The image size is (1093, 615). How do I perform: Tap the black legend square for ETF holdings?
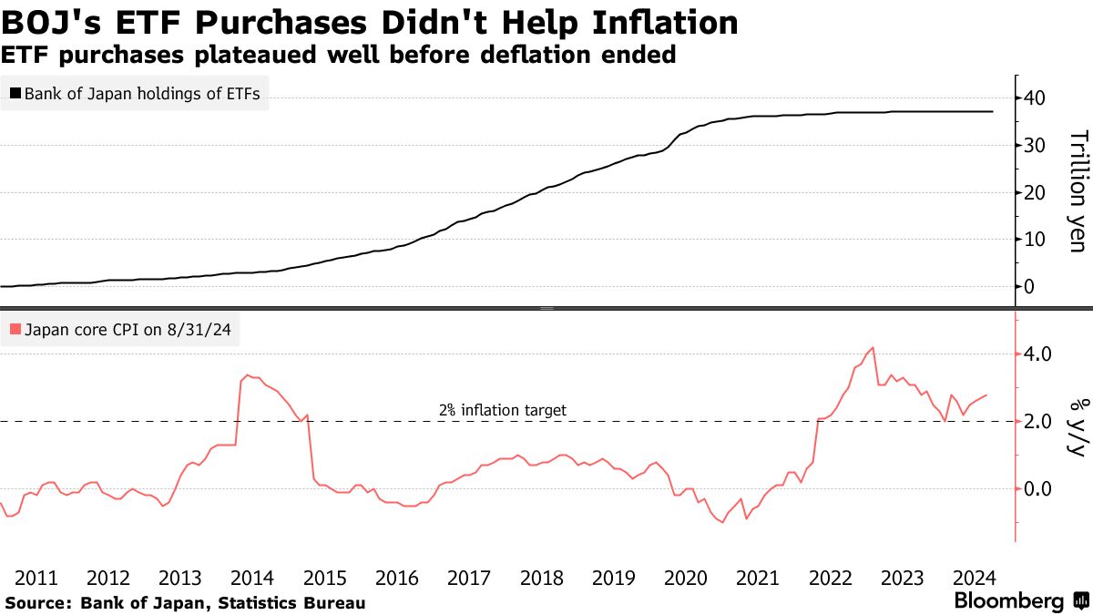pyautogui.click(x=15, y=93)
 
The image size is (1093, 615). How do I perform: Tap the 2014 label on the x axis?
pyautogui.click(x=252, y=578)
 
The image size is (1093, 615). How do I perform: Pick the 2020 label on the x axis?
pyautogui.click(x=686, y=578)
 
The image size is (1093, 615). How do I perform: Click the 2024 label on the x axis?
pyautogui.click(x=975, y=578)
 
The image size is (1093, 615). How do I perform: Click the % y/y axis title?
pyautogui.click(x=1078, y=426)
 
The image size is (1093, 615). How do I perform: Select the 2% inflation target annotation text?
pyautogui.click(x=502, y=410)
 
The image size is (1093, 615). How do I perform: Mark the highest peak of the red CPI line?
pyautogui.click(x=873, y=347)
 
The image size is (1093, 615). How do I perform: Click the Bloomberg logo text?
pyautogui.click(x=1008, y=600)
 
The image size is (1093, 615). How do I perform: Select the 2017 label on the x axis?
pyautogui.click(x=469, y=578)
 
